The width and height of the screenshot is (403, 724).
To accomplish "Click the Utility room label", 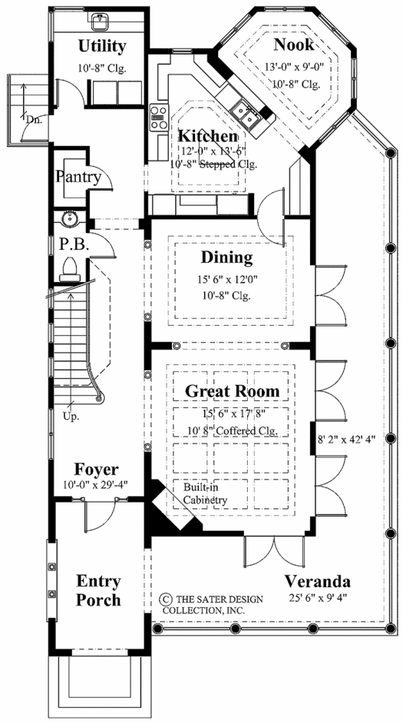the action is (x=102, y=46).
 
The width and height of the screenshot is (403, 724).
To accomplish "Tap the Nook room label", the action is (x=294, y=45).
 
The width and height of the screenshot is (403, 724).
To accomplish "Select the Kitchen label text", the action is (x=208, y=137).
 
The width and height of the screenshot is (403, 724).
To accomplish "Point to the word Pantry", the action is (x=78, y=176).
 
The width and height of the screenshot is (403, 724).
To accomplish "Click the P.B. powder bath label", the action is (x=74, y=244).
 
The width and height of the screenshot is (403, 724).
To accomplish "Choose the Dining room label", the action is (x=227, y=257).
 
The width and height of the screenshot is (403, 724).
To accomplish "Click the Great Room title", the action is (x=232, y=391).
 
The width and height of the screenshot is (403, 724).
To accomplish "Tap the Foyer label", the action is (x=97, y=470).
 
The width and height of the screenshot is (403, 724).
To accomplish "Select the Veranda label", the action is (x=317, y=580).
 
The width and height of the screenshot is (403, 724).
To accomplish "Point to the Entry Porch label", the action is (x=98, y=590).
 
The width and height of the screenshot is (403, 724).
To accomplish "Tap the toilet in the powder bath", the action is (x=71, y=270).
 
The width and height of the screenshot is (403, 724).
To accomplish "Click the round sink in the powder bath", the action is (x=70, y=218).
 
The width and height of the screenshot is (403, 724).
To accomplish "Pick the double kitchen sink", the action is (x=245, y=114).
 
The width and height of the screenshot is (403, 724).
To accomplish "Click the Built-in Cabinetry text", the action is (x=206, y=493).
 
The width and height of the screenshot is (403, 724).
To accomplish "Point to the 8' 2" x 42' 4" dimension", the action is (x=347, y=440).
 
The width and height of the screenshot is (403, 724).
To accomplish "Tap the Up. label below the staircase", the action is (x=71, y=417).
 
